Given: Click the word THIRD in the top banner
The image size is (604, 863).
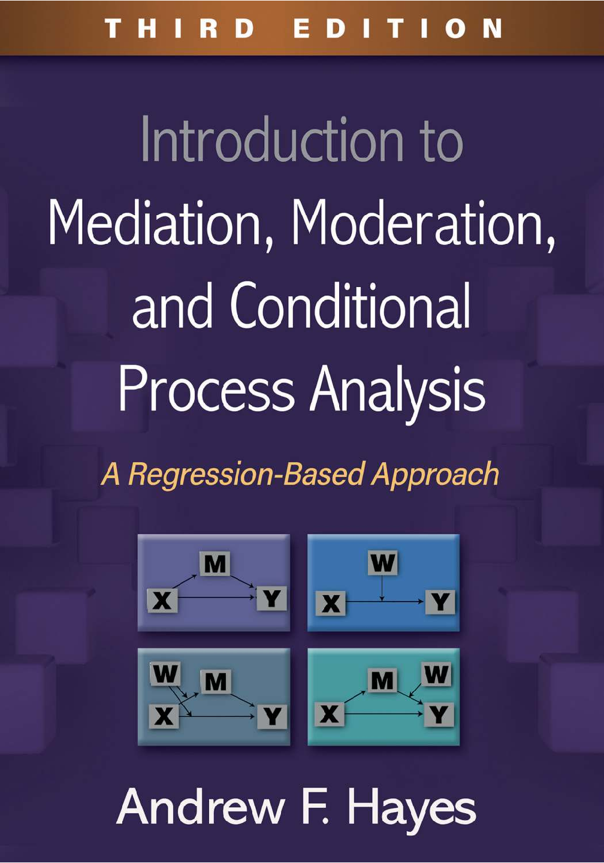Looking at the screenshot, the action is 179,28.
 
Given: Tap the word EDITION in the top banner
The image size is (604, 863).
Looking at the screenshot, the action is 397,28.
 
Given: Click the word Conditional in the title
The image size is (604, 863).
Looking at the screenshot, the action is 351,307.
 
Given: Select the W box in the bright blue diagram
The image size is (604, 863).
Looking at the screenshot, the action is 382,563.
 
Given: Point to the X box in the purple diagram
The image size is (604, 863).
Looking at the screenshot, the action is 162,601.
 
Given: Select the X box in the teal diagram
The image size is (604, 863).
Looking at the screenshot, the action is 330,714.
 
